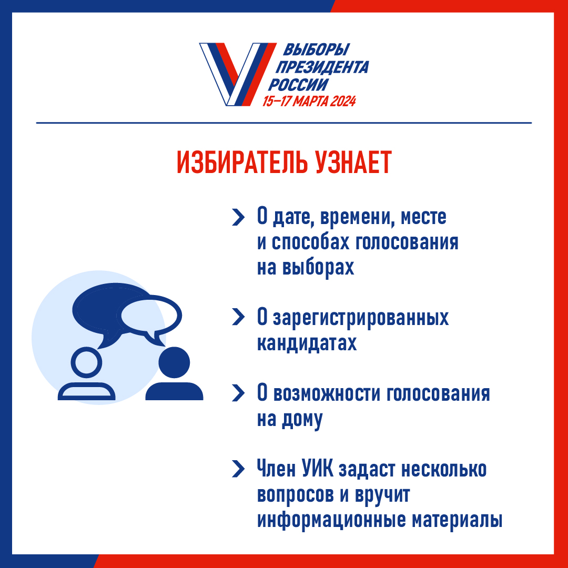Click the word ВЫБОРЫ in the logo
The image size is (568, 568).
tap(316, 51)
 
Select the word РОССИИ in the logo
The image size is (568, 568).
tap(298, 85)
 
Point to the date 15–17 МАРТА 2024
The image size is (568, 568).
tap(309, 101)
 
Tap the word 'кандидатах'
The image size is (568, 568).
tap(307, 343)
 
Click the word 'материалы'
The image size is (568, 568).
tap(457, 520)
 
